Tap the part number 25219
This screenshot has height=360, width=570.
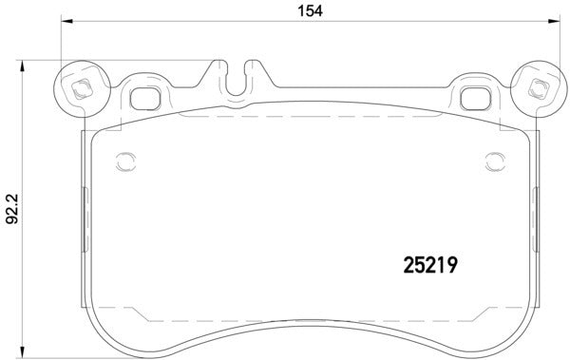(x=427, y=267)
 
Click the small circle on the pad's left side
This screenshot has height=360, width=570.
(x=122, y=160)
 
